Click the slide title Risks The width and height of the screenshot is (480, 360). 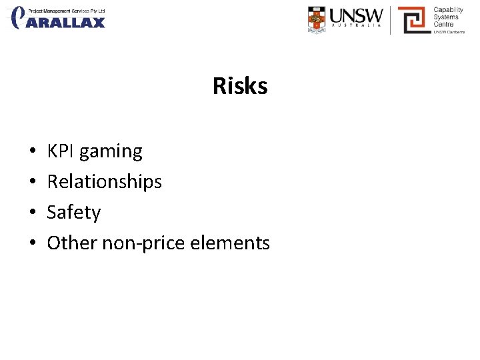(x=240, y=86)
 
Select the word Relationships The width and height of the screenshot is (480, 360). (x=104, y=182)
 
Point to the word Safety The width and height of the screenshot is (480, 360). (x=73, y=213)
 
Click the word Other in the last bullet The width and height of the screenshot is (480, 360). (x=71, y=243)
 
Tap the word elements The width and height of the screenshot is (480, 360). (x=230, y=243)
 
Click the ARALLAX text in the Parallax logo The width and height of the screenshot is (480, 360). (x=67, y=22)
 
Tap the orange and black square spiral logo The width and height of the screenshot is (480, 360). (x=414, y=20)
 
